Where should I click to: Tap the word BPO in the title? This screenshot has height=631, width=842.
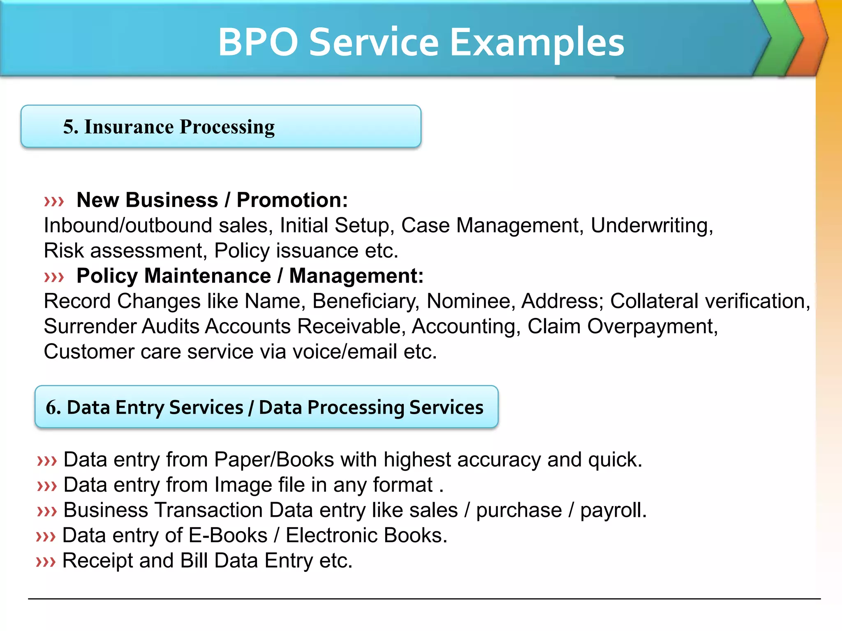[x=258, y=42]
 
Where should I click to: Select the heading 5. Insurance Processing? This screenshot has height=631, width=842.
[x=169, y=127]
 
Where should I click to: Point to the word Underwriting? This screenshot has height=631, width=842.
[x=651, y=226]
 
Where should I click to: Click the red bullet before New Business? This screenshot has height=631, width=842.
[x=54, y=201]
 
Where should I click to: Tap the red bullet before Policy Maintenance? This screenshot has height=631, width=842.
[x=54, y=277]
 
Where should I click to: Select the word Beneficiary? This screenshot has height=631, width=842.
[x=365, y=302]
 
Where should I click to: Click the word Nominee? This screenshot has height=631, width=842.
[x=470, y=301]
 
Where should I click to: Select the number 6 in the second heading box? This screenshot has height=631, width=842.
[x=52, y=408]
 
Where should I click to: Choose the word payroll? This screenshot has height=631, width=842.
[x=613, y=511]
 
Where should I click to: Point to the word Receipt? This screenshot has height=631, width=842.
[x=97, y=561]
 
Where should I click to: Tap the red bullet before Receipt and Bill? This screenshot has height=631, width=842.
[x=46, y=562]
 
